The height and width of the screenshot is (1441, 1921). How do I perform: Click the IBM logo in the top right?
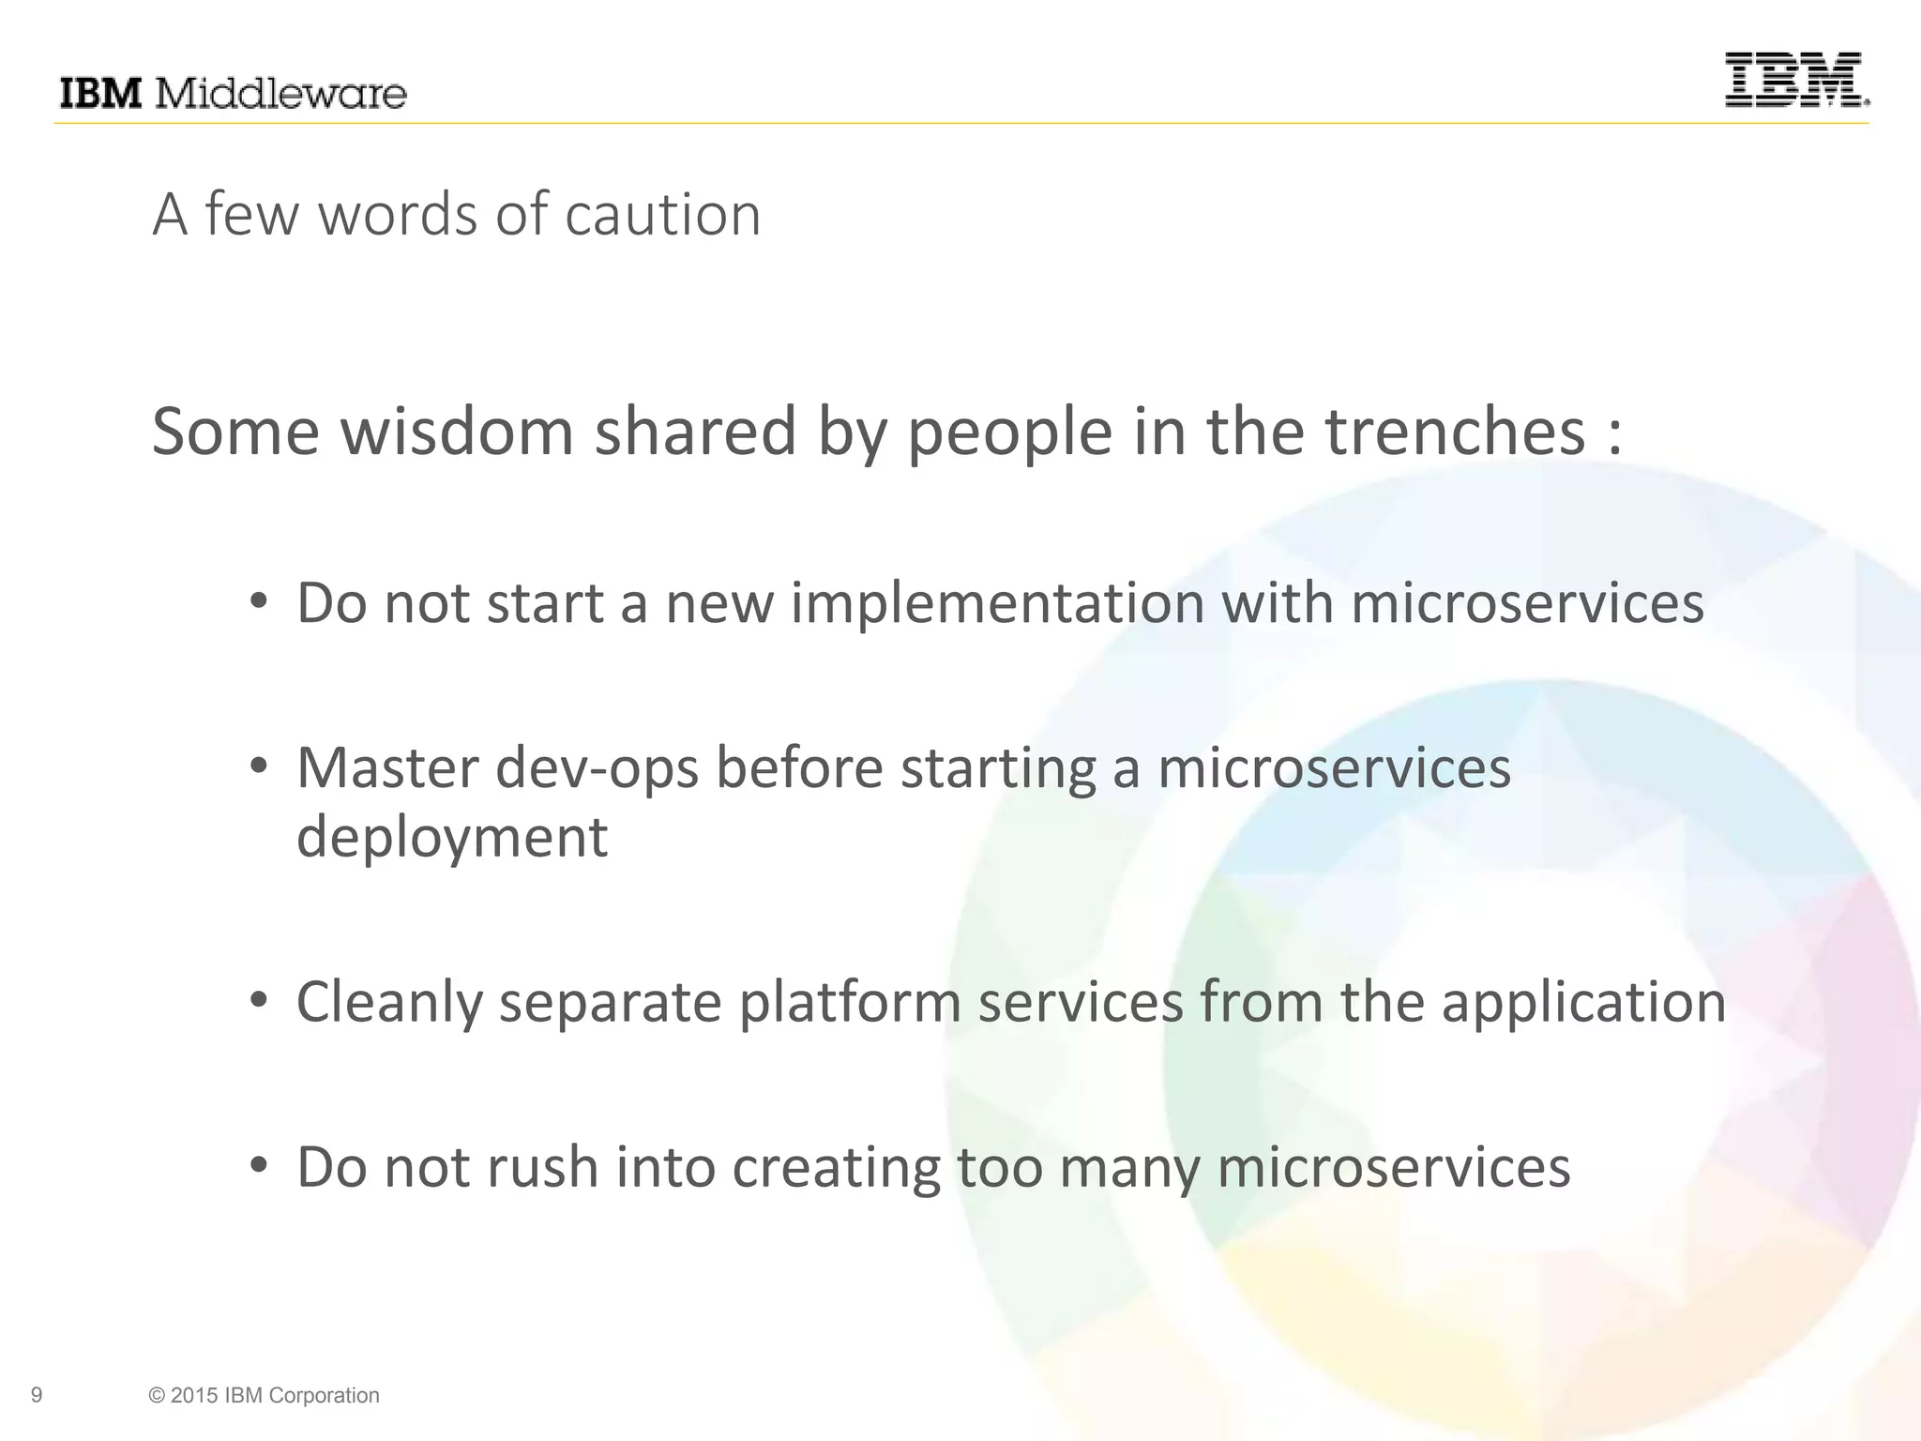pos(1796,80)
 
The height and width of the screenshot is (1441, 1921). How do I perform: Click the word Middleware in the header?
pos(280,94)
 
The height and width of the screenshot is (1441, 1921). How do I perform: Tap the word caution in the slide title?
pos(662,215)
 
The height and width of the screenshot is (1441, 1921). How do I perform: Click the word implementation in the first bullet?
pos(997,602)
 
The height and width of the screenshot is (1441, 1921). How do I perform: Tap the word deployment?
pos(452,837)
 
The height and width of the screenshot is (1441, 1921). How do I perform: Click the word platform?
pos(850,1002)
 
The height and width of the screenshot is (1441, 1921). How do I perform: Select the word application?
pos(1583,1002)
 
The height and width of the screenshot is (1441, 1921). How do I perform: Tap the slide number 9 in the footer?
pos(37,1395)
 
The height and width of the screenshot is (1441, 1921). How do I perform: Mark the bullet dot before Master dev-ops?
pos(260,766)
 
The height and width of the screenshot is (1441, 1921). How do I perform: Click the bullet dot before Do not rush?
pos(260,1165)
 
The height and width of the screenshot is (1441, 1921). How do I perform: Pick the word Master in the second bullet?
pos(386,767)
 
